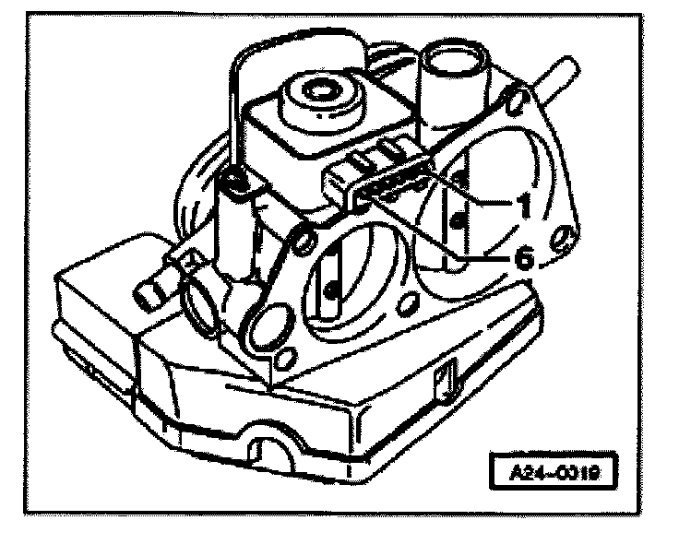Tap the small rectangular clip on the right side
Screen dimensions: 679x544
point(447,377)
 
